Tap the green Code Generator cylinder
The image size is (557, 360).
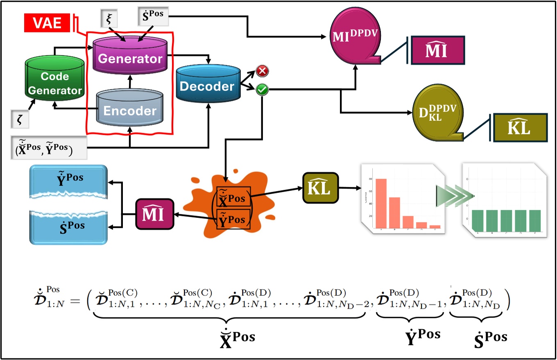[x=54, y=83]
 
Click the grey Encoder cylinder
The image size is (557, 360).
[x=129, y=110]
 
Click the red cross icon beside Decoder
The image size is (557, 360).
[x=262, y=71]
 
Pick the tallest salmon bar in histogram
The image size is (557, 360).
[x=381, y=203]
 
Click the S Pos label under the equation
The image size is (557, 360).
[x=490, y=337]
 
